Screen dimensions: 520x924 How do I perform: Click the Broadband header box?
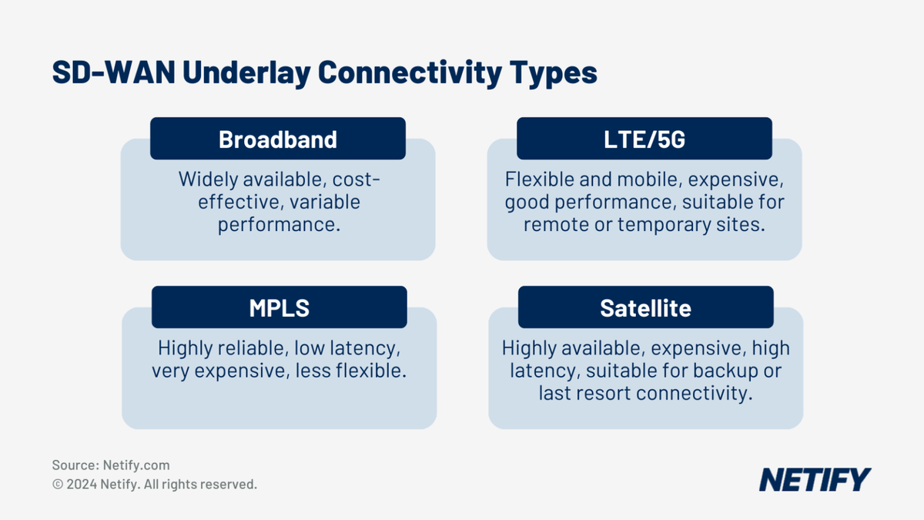click(278, 139)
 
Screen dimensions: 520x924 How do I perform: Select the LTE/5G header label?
click(644, 139)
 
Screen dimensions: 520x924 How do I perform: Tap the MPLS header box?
click(279, 308)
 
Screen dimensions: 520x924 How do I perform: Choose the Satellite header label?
click(645, 308)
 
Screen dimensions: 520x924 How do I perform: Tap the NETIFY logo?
click(815, 479)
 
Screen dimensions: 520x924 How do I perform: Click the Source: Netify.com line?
click(111, 465)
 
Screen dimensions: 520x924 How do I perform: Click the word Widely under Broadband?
click(209, 179)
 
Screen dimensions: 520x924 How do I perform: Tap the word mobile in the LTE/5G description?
click(648, 179)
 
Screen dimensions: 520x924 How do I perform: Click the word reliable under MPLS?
click(253, 348)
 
